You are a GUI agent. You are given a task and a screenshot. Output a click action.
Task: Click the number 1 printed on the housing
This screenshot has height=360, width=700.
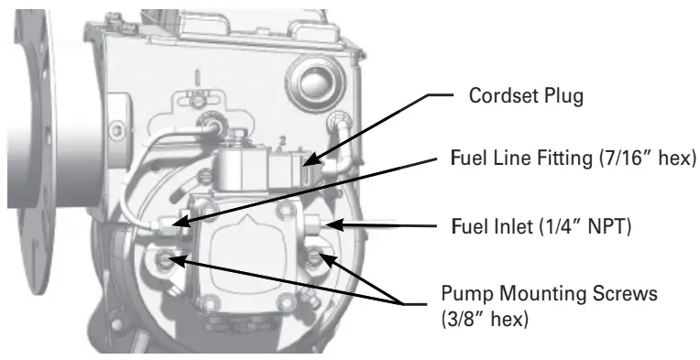tap(195, 74)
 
